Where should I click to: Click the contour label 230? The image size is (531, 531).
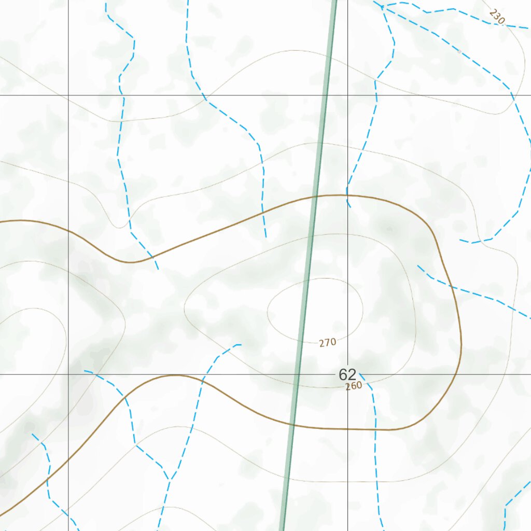497,17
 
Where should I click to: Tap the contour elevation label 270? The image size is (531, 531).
328,342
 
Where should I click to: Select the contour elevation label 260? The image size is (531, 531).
354,386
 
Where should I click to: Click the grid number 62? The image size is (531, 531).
347,374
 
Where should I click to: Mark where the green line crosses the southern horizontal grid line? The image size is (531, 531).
297,374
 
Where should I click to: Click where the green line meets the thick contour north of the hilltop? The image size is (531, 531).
315,196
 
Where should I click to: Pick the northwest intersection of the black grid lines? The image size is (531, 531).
68,95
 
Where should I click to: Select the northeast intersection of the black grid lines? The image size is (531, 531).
347,95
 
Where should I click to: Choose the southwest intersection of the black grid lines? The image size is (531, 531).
68,374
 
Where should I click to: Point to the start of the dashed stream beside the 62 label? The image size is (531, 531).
359,373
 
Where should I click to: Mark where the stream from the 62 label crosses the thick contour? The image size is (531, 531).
375,429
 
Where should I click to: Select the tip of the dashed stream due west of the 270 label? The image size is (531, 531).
241,344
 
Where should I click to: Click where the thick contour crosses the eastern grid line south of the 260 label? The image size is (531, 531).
347,429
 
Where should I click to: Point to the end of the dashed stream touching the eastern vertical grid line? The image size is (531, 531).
350,206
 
